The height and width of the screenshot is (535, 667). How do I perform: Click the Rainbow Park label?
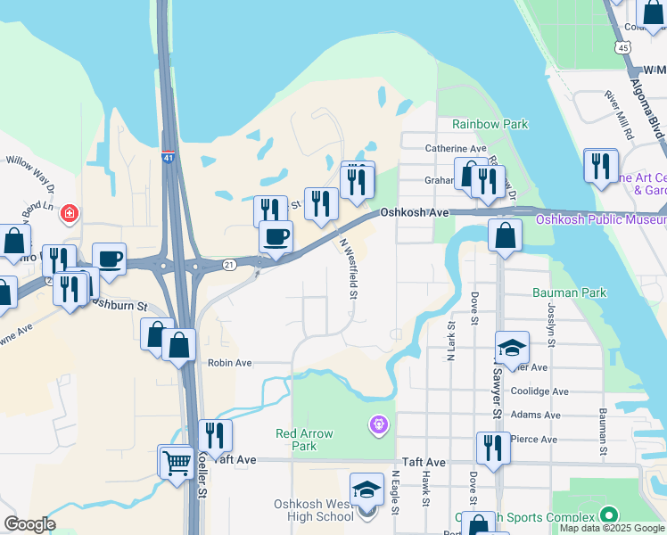[490, 125]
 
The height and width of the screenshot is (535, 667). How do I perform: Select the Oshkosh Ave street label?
[414, 212]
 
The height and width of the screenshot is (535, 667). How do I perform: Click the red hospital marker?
[70, 214]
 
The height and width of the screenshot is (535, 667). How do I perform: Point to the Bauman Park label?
[569, 292]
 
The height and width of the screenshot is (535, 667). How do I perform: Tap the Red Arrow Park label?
[304, 440]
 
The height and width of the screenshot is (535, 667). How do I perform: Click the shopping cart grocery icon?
[177, 462]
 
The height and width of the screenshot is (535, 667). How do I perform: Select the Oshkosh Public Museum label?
[600, 219]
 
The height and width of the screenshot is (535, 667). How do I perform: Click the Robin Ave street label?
[229, 363]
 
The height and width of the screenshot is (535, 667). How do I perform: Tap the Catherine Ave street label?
[455, 148]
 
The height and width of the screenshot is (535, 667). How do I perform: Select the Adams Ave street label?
[540, 415]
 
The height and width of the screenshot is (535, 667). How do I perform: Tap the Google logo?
[29, 524]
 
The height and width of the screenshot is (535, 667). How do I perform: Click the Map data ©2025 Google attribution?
[613, 528]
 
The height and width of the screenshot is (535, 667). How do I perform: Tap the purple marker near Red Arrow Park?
[379, 425]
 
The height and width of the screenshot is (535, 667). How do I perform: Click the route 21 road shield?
[229, 264]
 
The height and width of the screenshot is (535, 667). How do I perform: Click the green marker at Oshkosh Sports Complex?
[609, 515]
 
